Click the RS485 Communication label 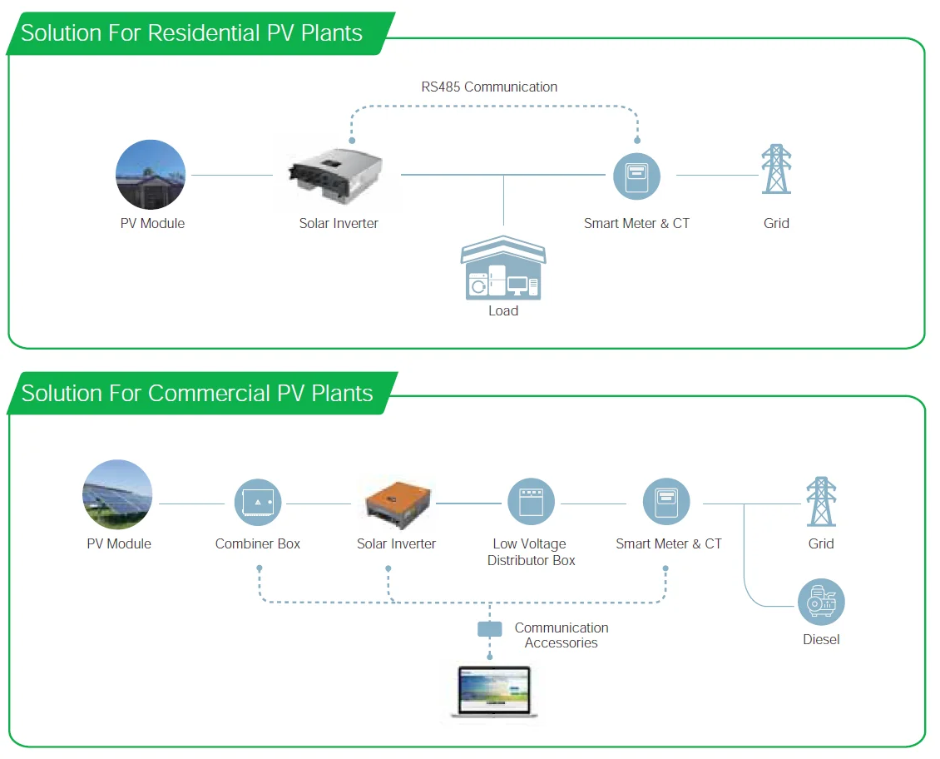click(x=489, y=87)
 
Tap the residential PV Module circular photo click(x=151, y=175)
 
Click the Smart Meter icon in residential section click(x=636, y=176)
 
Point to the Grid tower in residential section click(x=776, y=170)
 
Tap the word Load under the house click(x=503, y=310)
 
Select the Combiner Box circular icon click(x=258, y=503)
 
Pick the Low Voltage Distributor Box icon click(x=531, y=503)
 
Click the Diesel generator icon click(x=821, y=603)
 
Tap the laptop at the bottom click(x=494, y=691)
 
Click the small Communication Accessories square click(x=490, y=629)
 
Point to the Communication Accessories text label click(x=562, y=635)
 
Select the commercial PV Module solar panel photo click(x=117, y=495)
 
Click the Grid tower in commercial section click(x=821, y=501)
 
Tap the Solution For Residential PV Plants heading click(x=192, y=33)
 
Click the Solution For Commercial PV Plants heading click(x=197, y=393)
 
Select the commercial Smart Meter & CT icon click(x=666, y=503)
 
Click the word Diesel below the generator click(x=821, y=639)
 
